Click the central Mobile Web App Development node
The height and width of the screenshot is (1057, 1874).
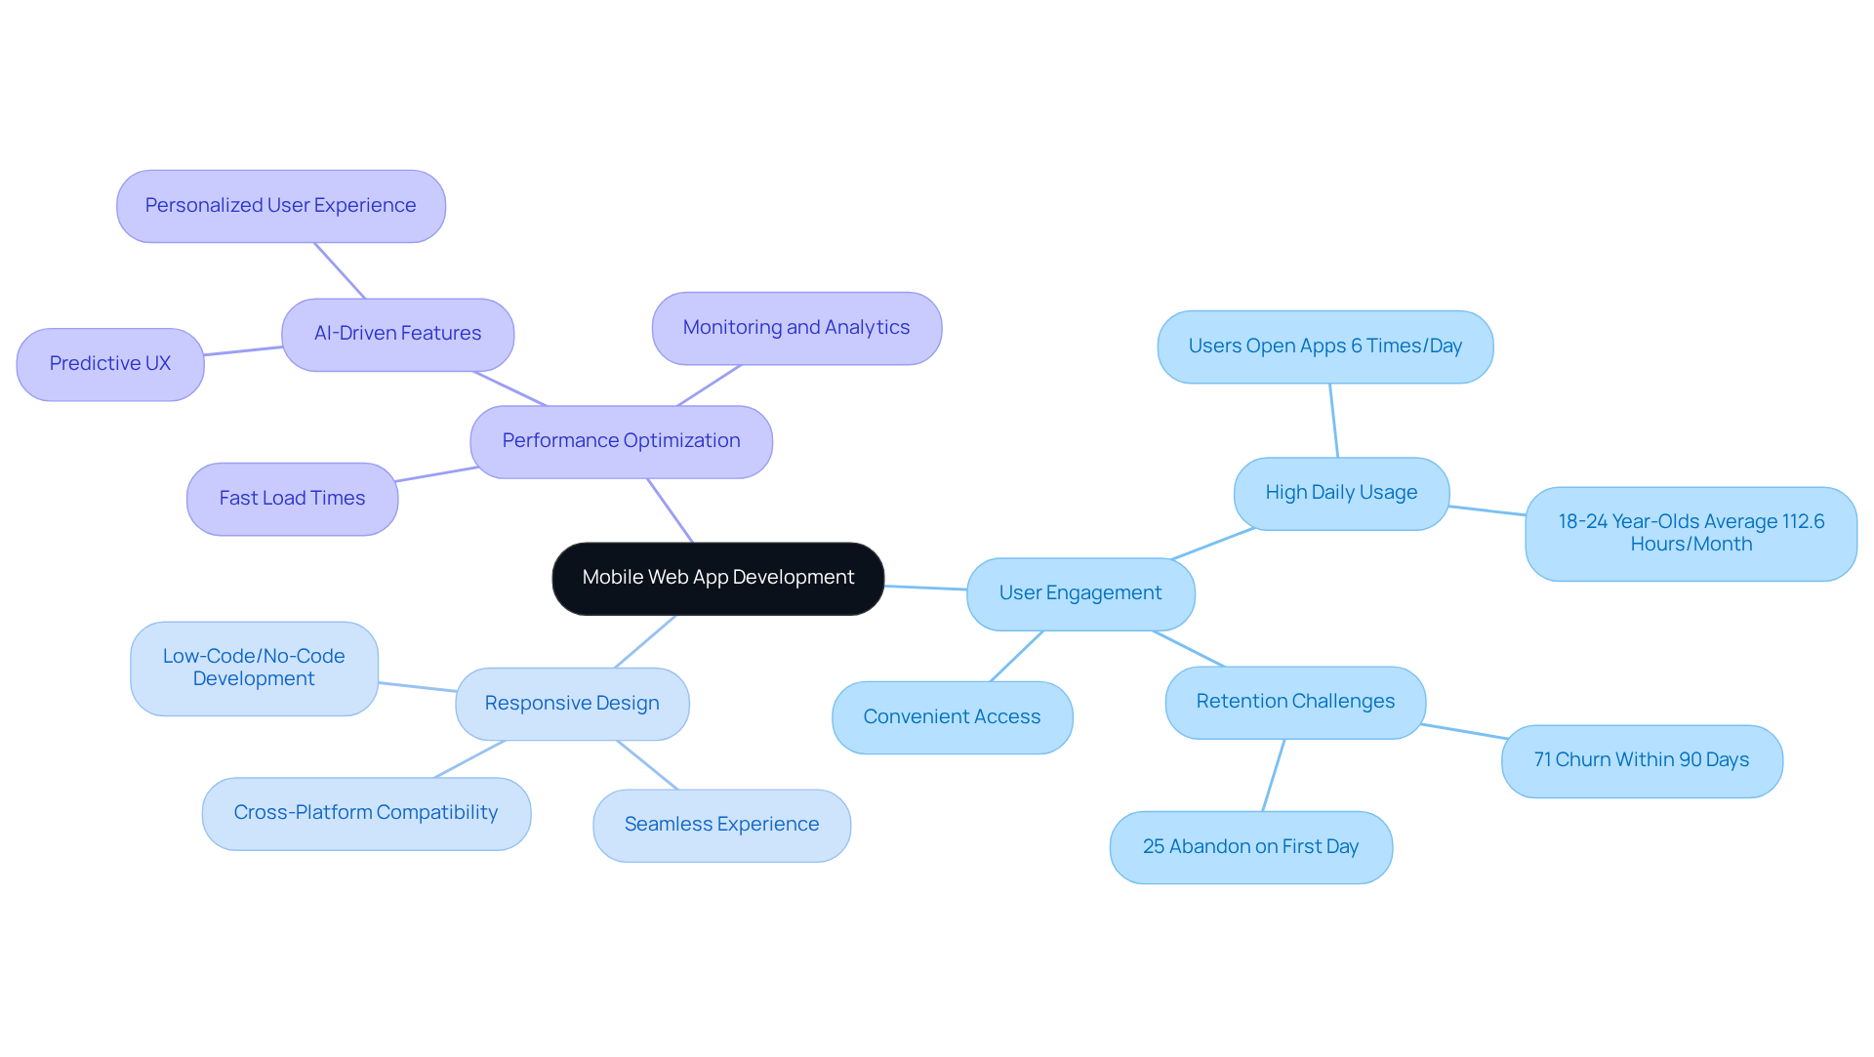click(x=717, y=578)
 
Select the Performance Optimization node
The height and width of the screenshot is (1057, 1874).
click(x=621, y=441)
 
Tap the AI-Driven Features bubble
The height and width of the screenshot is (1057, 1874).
click(x=397, y=334)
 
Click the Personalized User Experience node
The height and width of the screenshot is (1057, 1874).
click(x=280, y=206)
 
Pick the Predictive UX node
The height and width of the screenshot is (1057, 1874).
click(x=110, y=364)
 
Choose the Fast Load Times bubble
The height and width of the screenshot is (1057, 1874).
click(x=292, y=499)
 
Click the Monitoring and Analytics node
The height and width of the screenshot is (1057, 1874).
click(x=795, y=328)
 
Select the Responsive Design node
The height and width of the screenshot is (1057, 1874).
click(x=572, y=704)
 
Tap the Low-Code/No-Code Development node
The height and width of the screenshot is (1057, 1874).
click(x=254, y=668)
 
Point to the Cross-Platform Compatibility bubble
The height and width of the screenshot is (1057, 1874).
click(x=366, y=813)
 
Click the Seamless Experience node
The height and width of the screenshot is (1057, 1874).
click(x=721, y=825)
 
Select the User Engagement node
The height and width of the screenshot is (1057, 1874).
click(x=1080, y=593)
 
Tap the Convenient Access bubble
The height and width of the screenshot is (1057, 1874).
click(x=952, y=717)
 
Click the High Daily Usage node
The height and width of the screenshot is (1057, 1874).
click(x=1341, y=493)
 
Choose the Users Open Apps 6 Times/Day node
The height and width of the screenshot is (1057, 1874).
click(x=1324, y=346)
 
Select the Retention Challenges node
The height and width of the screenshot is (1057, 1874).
click(x=1295, y=702)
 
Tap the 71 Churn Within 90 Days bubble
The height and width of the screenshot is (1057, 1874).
click(x=1641, y=760)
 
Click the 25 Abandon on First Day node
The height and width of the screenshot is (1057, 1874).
click(x=1250, y=847)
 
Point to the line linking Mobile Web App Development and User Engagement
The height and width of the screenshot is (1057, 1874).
click(x=925, y=588)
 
